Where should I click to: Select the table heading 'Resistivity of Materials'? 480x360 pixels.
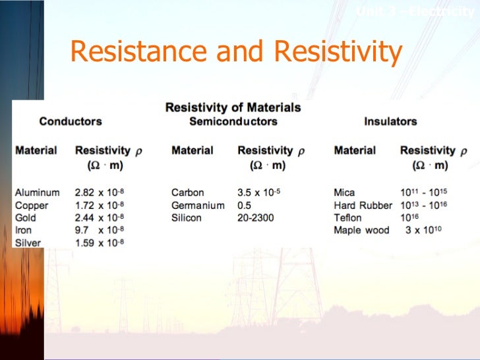(233, 107)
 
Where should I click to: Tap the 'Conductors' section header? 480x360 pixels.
(71, 121)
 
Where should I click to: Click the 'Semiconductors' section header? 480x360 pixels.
(233, 121)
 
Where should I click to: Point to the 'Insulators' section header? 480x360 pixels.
(390, 121)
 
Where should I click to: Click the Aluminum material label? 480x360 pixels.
(37, 193)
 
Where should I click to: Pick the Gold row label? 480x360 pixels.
(26, 218)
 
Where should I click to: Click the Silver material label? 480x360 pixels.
(28, 243)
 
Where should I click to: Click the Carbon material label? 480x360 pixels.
(188, 193)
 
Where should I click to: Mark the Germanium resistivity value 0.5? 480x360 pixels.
(244, 205)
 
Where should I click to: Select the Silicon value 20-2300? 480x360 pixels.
(256, 218)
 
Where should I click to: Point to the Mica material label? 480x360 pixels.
(344, 193)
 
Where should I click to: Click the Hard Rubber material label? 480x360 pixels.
(363, 205)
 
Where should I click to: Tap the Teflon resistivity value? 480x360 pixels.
(409, 218)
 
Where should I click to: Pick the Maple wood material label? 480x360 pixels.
(361, 230)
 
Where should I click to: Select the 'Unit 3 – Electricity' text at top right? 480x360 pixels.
(415, 11)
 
